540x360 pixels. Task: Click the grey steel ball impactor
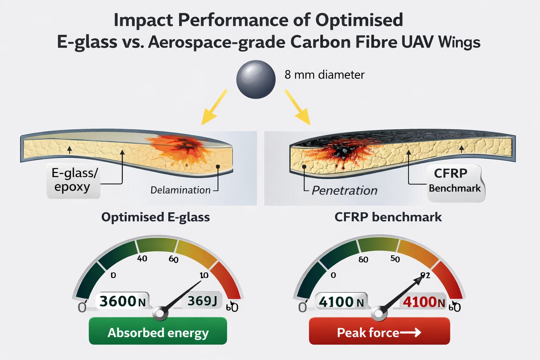256,79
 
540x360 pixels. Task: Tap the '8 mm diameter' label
324,75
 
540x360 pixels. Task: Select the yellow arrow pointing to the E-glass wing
214,107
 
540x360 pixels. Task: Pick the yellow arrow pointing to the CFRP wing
297,107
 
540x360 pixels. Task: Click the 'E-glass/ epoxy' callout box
73,180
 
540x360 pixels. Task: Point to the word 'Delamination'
180,190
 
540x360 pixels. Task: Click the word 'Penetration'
345,191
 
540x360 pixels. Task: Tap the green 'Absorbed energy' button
158,332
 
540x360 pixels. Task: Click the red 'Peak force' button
379,332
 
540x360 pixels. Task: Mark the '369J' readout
202,301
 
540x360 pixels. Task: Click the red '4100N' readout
424,302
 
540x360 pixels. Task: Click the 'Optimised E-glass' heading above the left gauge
155,217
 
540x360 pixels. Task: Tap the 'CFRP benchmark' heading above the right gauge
388,217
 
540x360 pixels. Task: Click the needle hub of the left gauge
160,313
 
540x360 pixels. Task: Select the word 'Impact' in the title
143,20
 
